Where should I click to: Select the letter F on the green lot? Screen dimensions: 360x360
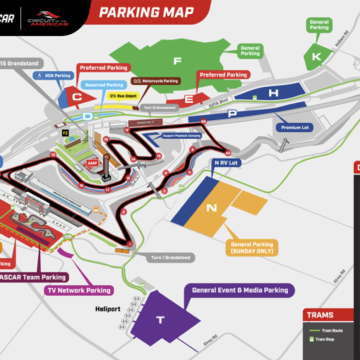(177, 59)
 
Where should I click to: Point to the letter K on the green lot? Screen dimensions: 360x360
(316, 58)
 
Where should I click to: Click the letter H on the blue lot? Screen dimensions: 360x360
(273, 92)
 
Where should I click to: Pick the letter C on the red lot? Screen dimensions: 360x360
(76, 98)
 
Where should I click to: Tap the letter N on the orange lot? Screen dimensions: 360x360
(211, 208)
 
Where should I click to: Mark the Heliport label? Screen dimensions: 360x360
(107, 309)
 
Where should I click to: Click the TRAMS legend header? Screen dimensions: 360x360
(320, 314)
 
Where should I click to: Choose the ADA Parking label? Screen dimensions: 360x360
(62, 73)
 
